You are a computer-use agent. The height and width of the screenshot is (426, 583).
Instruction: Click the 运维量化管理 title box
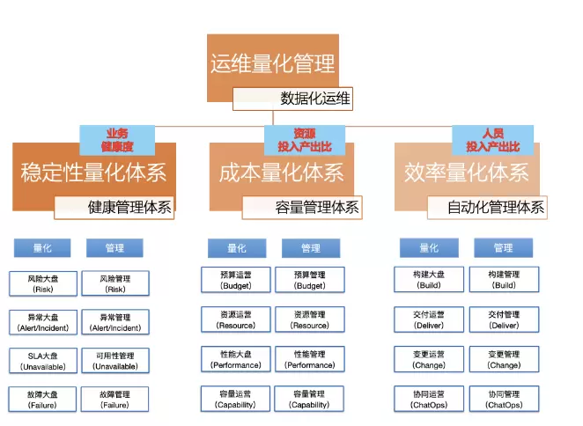click(272, 63)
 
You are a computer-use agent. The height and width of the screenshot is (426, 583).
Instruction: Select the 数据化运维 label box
click(315, 99)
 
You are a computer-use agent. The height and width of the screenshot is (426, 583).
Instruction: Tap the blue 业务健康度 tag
click(117, 139)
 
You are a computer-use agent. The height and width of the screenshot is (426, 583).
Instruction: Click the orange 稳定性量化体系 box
click(93, 173)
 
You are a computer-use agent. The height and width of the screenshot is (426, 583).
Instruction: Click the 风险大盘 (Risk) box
click(42, 283)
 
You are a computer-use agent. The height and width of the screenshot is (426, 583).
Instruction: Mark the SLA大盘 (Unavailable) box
click(42, 360)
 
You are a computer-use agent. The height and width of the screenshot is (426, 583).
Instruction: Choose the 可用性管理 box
click(115, 360)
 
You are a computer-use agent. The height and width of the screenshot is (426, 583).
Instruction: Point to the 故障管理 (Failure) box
click(115, 399)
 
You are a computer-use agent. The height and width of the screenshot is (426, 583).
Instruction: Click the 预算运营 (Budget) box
click(235, 281)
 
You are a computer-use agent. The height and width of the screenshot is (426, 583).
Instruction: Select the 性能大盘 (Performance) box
click(235, 359)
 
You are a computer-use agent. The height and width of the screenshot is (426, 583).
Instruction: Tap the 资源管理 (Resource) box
click(310, 319)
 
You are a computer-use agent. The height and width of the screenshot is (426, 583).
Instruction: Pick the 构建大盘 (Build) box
click(429, 280)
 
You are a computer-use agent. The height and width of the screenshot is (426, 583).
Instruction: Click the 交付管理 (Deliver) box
click(504, 319)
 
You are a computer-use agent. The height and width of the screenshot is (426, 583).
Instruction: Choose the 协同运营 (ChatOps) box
click(429, 399)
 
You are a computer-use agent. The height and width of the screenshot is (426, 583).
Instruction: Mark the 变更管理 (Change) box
click(504, 359)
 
